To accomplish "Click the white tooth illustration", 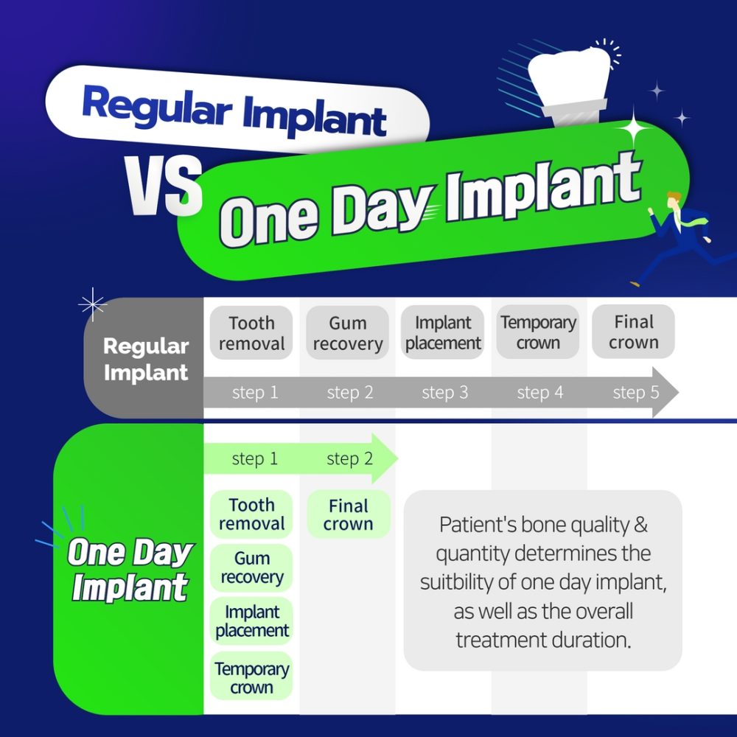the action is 570,85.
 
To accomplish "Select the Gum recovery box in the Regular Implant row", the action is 347,333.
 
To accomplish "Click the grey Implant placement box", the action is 442,332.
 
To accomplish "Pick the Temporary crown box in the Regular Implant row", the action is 538,332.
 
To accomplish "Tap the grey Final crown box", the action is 633,332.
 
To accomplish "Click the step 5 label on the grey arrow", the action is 635,392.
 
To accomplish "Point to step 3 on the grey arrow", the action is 444,393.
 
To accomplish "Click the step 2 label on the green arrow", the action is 349,458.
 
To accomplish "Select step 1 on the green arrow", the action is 255,458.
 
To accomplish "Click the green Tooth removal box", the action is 251,514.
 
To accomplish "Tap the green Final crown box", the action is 349,514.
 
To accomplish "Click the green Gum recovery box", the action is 251,567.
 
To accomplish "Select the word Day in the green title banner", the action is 382,209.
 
